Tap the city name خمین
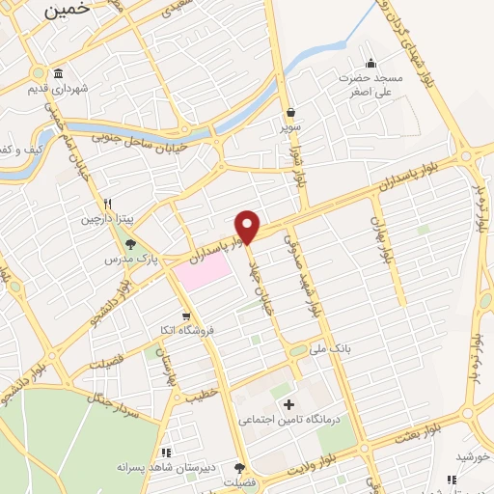(x=67, y=9)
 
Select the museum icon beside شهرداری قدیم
(x=59, y=74)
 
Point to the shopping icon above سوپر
(x=291, y=112)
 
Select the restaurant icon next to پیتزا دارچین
(x=108, y=204)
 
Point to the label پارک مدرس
(x=131, y=260)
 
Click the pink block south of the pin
(x=204, y=274)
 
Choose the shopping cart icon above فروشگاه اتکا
(x=185, y=316)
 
